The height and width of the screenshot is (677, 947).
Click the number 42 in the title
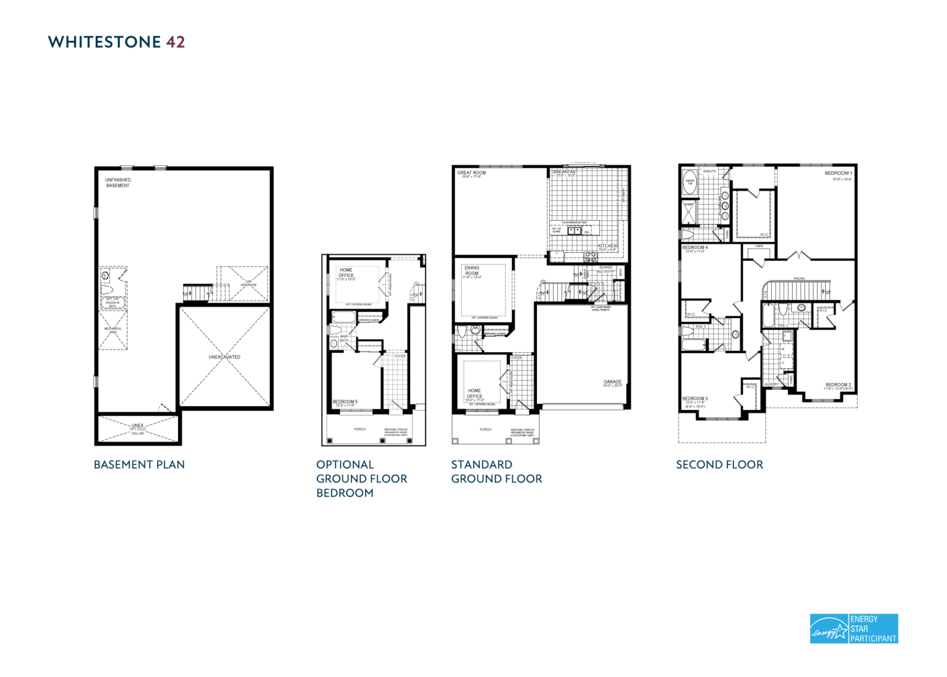[175, 42]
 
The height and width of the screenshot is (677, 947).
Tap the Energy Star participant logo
[853, 628]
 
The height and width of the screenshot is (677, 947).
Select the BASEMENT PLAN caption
[139, 465]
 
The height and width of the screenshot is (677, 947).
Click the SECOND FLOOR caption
[719, 465]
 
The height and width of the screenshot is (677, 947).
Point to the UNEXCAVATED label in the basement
[224, 357]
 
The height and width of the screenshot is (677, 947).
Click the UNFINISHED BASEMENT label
[118, 183]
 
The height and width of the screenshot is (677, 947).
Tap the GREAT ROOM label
[472, 173]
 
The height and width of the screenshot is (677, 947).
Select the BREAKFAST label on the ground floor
[565, 172]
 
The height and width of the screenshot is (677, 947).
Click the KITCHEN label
[607, 246]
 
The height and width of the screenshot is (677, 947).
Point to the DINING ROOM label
[472, 271]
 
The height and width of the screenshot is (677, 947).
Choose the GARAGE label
[612, 382]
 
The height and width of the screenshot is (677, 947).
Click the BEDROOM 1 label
[838, 173]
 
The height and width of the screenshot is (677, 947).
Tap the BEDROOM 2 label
[838, 385]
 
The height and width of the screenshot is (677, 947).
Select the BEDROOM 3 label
[695, 399]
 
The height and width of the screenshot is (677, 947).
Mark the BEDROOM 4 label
[695, 248]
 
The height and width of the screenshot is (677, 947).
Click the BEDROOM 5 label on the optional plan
[345, 402]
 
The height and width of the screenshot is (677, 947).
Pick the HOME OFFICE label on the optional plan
[346, 273]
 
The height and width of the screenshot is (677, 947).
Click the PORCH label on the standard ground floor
[486, 429]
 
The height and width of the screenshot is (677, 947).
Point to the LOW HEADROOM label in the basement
[248, 284]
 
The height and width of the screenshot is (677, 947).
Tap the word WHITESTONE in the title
[104, 42]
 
